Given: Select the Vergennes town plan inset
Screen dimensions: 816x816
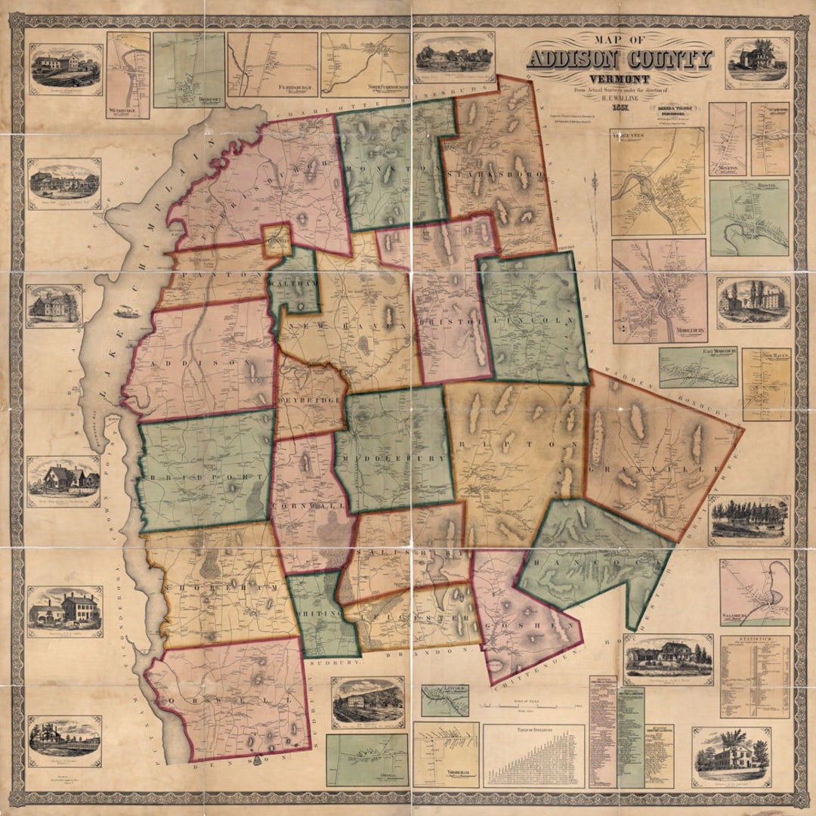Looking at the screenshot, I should tap(657, 181).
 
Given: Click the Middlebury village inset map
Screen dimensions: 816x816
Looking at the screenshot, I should tap(659, 291).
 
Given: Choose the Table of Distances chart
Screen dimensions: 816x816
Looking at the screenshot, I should tap(533, 756).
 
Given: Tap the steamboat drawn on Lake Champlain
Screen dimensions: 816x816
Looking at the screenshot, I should tap(127, 311).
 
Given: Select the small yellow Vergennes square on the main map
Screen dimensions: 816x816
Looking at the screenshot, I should tap(276, 240).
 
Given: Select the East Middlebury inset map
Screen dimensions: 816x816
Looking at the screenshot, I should tap(697, 366).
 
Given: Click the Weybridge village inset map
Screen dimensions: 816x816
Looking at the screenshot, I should tap(128, 74).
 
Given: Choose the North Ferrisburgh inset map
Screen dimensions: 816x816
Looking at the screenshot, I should tap(365, 64).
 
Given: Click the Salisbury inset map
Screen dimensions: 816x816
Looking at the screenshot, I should tap(754, 593).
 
